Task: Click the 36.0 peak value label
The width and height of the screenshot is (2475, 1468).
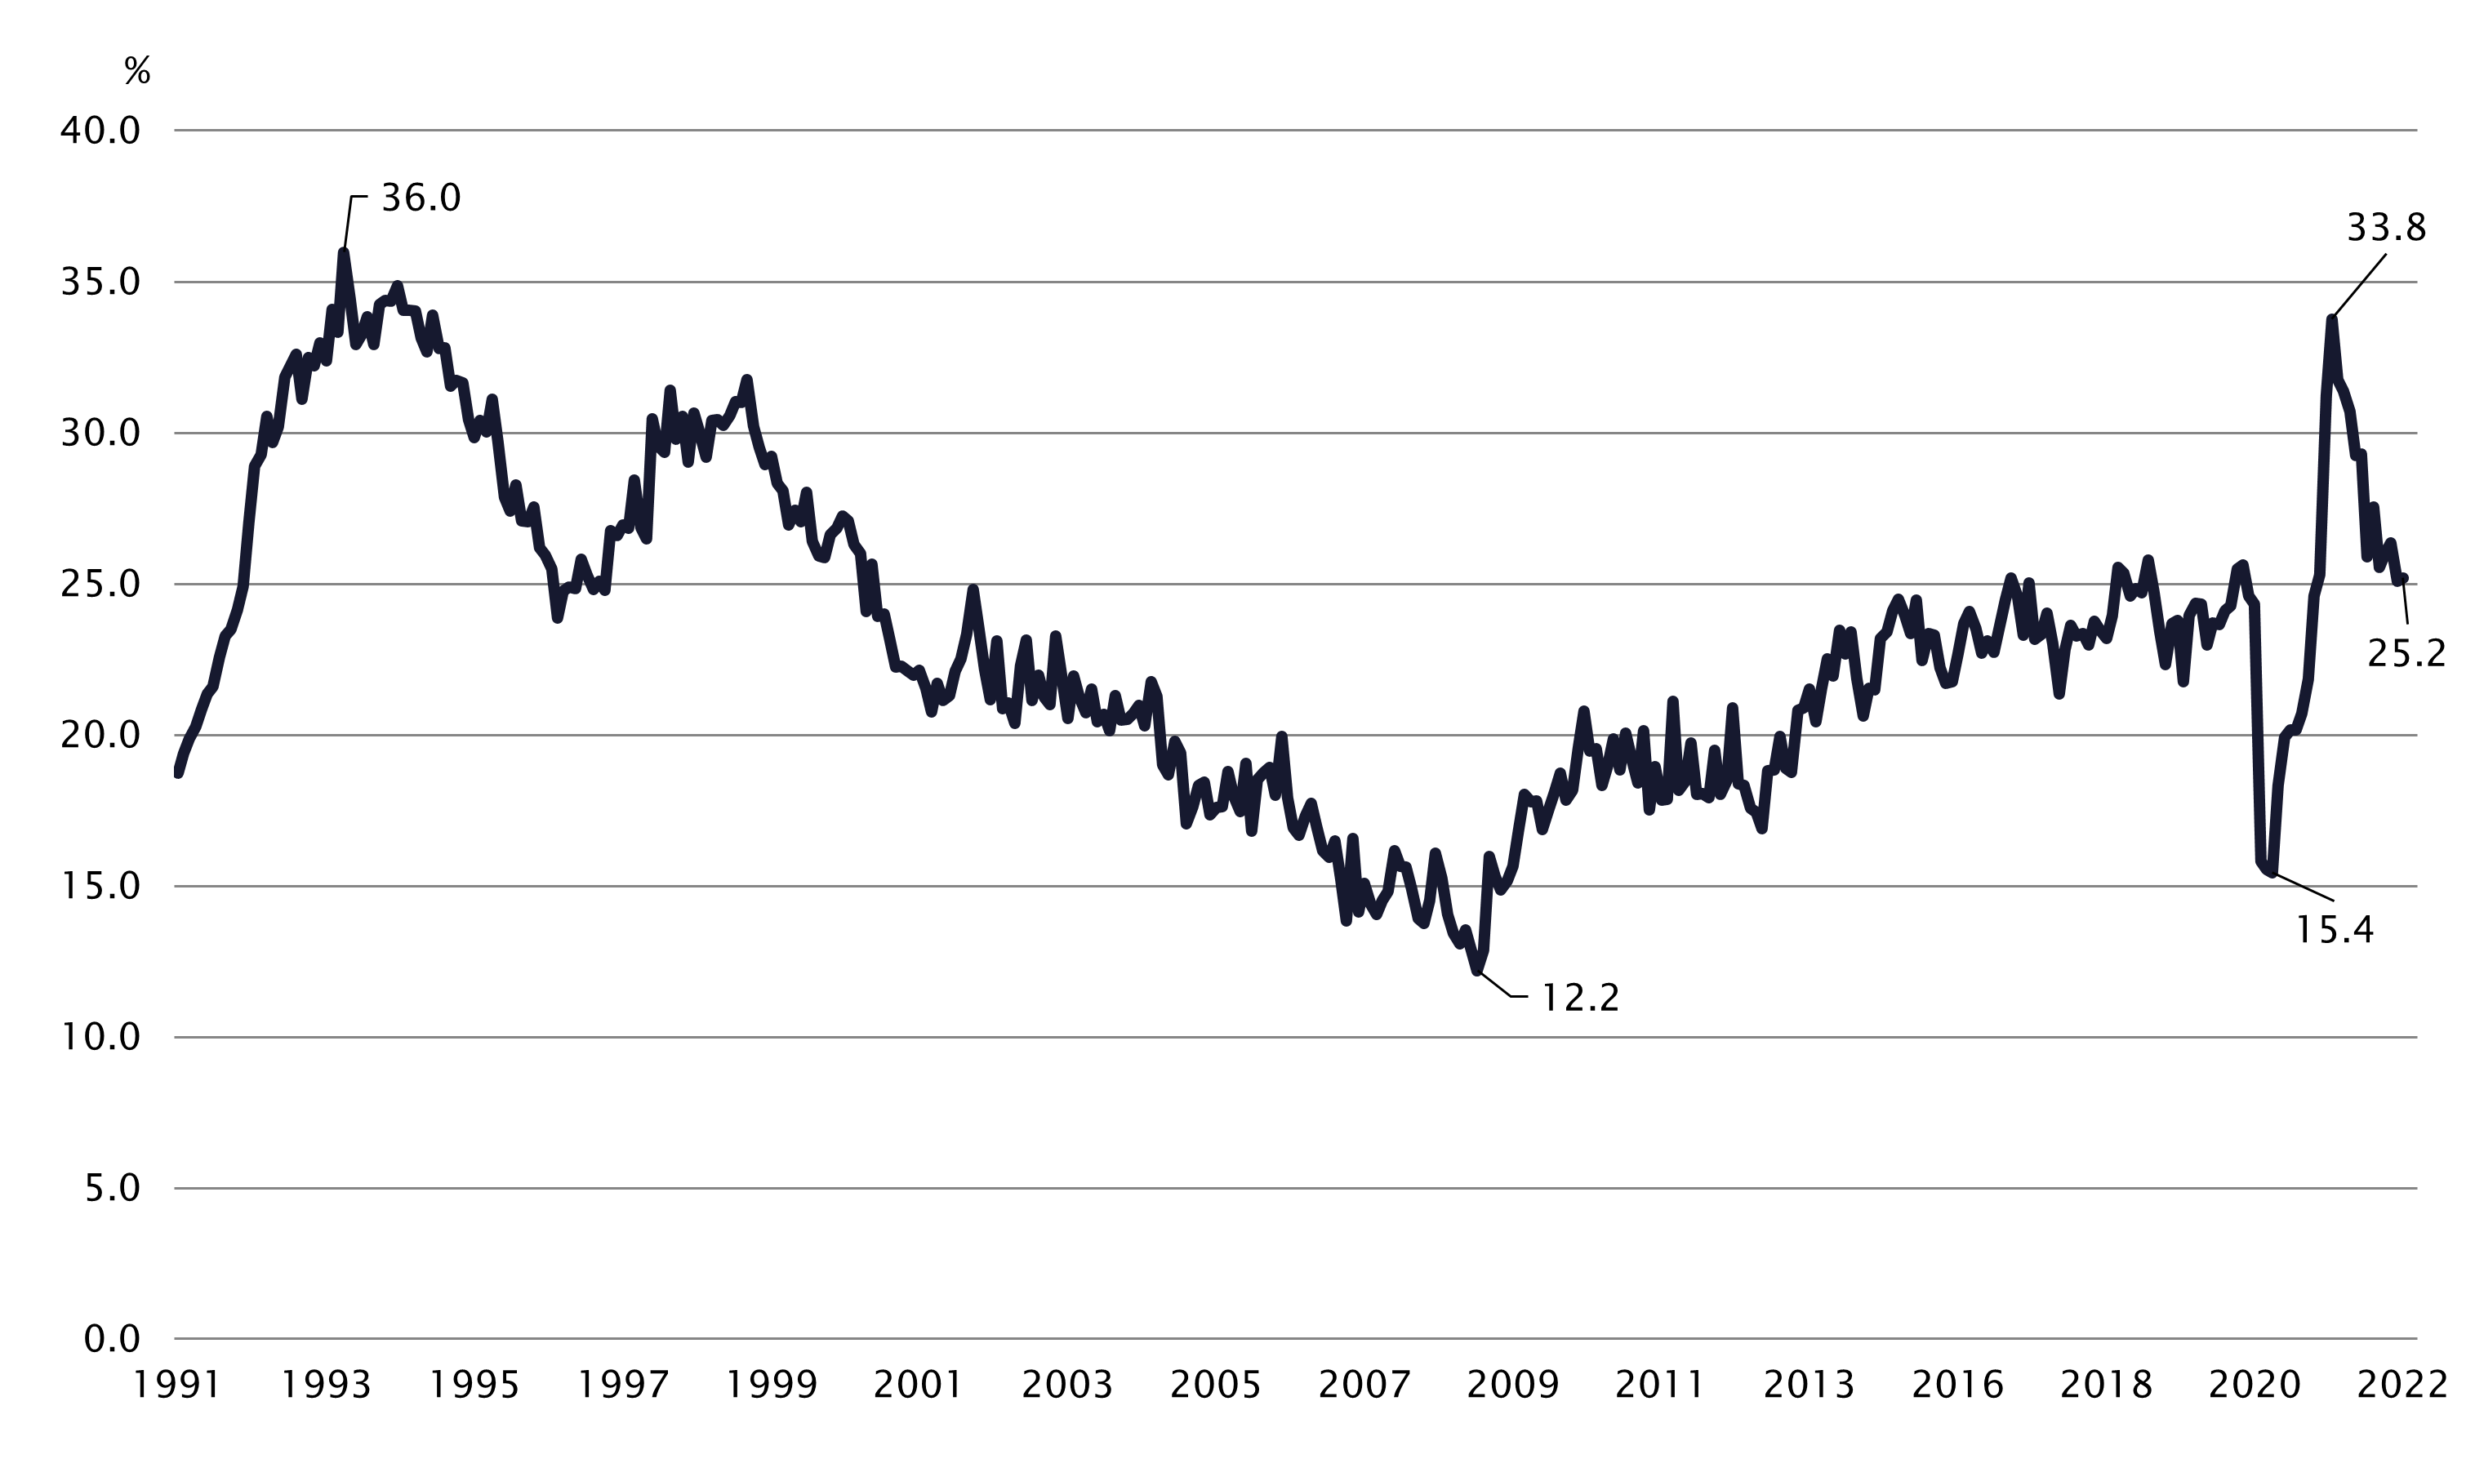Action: click(x=421, y=199)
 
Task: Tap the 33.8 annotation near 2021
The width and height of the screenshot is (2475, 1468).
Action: click(x=2386, y=229)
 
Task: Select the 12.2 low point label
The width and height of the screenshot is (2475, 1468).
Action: click(x=1581, y=998)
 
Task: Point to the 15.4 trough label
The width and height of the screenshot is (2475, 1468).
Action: click(x=2334, y=930)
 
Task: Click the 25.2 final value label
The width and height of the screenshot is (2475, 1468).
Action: click(x=2406, y=653)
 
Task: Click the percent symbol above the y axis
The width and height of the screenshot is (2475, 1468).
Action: click(x=137, y=70)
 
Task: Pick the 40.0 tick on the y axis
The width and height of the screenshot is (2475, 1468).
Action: click(x=101, y=131)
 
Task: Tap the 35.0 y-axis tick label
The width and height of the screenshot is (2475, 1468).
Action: click(x=101, y=283)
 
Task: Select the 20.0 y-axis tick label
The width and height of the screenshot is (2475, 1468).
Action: click(x=101, y=736)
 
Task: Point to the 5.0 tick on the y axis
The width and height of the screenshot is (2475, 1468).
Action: click(x=112, y=1189)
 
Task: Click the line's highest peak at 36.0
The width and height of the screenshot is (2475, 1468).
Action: click(x=343, y=252)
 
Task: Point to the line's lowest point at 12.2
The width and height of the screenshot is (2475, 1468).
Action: click(x=1477, y=972)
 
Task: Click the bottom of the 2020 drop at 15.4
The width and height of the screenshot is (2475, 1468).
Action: click(x=2272, y=874)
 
